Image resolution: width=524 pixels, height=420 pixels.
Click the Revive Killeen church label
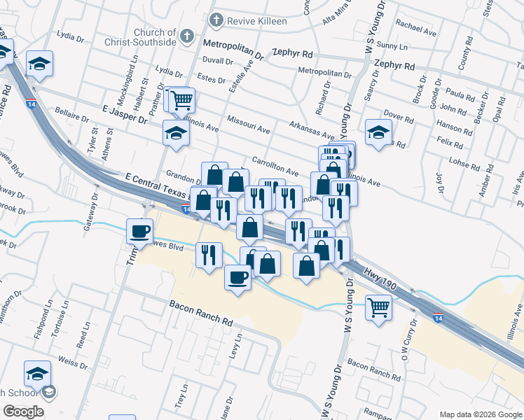248,21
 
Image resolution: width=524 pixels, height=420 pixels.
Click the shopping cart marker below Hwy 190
378,306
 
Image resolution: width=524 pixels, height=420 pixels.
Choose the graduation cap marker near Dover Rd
378,132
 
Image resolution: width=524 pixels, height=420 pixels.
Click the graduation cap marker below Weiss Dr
37,374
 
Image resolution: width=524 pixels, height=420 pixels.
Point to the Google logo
23,412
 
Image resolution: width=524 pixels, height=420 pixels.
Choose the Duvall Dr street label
218,61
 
